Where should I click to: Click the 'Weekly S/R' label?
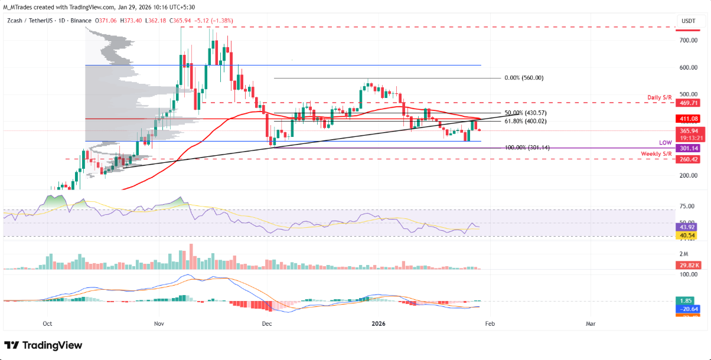(657, 153)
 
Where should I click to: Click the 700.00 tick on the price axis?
(688, 41)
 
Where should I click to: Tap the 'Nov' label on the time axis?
(158, 324)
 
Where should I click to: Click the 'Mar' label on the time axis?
(590, 324)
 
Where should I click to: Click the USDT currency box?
(689, 21)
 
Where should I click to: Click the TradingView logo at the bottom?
(43, 345)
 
